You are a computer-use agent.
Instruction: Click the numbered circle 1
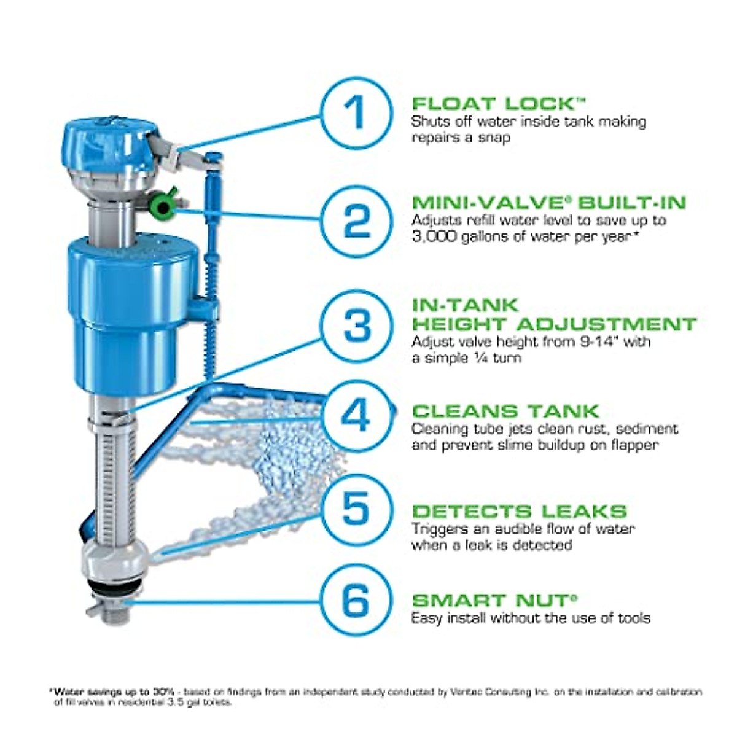point(357,112)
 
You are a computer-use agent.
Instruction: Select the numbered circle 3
point(357,326)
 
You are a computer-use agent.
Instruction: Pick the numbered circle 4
point(357,415)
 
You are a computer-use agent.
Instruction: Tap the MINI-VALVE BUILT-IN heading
point(549,203)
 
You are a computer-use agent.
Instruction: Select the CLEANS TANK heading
point(505,411)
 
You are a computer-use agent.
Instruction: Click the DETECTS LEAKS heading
point(520,511)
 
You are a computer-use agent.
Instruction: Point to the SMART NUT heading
point(495,600)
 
